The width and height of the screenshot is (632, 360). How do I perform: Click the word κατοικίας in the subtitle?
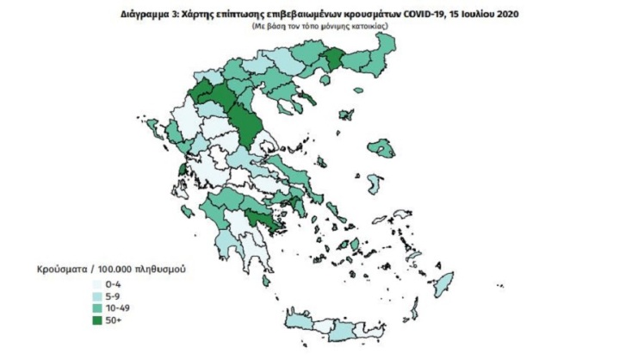coord(369,28)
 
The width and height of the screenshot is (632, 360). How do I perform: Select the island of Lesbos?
coord(380,147)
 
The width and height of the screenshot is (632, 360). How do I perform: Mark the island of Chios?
coord(375,184)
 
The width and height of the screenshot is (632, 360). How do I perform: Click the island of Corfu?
coord(153,129)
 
